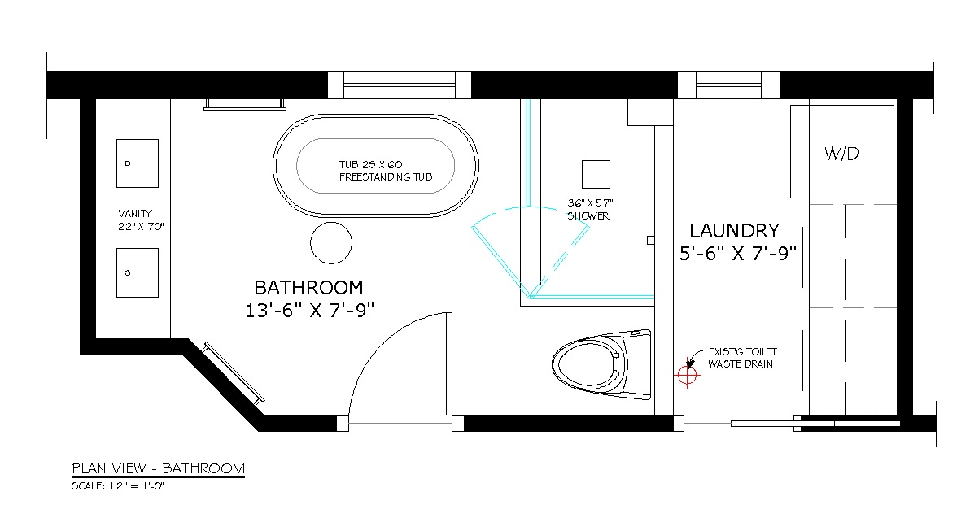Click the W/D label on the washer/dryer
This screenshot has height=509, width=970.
(841, 154)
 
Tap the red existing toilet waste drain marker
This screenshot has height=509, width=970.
(688, 375)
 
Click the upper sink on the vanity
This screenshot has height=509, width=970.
(138, 163)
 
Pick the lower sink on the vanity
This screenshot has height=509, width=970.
(138, 272)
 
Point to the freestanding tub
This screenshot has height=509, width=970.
(375, 166)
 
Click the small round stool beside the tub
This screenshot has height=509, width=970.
(331, 243)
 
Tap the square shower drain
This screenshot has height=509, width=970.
(596, 174)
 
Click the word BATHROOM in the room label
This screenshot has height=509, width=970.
(308, 288)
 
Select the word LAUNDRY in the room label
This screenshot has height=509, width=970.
(734, 231)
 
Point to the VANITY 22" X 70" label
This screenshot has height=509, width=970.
(141, 220)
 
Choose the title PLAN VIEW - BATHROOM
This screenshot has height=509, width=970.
(159, 468)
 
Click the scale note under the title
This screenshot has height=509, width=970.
(118, 486)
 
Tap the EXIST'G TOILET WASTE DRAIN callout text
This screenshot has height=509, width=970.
(742, 358)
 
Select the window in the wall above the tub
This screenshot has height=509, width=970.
(399, 85)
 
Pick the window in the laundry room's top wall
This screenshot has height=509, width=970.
(728, 85)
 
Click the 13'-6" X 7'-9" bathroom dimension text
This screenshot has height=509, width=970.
(310, 310)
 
